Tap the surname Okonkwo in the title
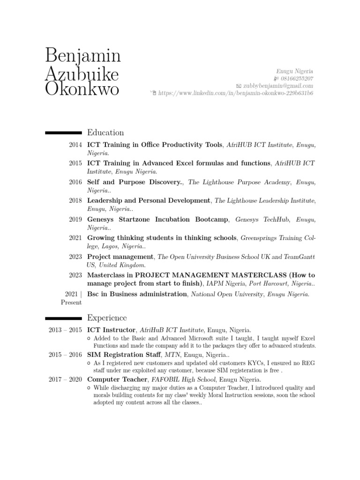pos(82,89)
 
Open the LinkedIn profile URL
pos(236,93)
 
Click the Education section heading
pos(105,133)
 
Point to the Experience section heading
pos(106,318)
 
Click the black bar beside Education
pos(63,133)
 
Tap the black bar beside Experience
pos(63,319)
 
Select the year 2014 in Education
pos(75,145)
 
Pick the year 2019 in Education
pos(75,219)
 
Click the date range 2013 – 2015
pos(65,330)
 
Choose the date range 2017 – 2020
pos(65,379)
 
